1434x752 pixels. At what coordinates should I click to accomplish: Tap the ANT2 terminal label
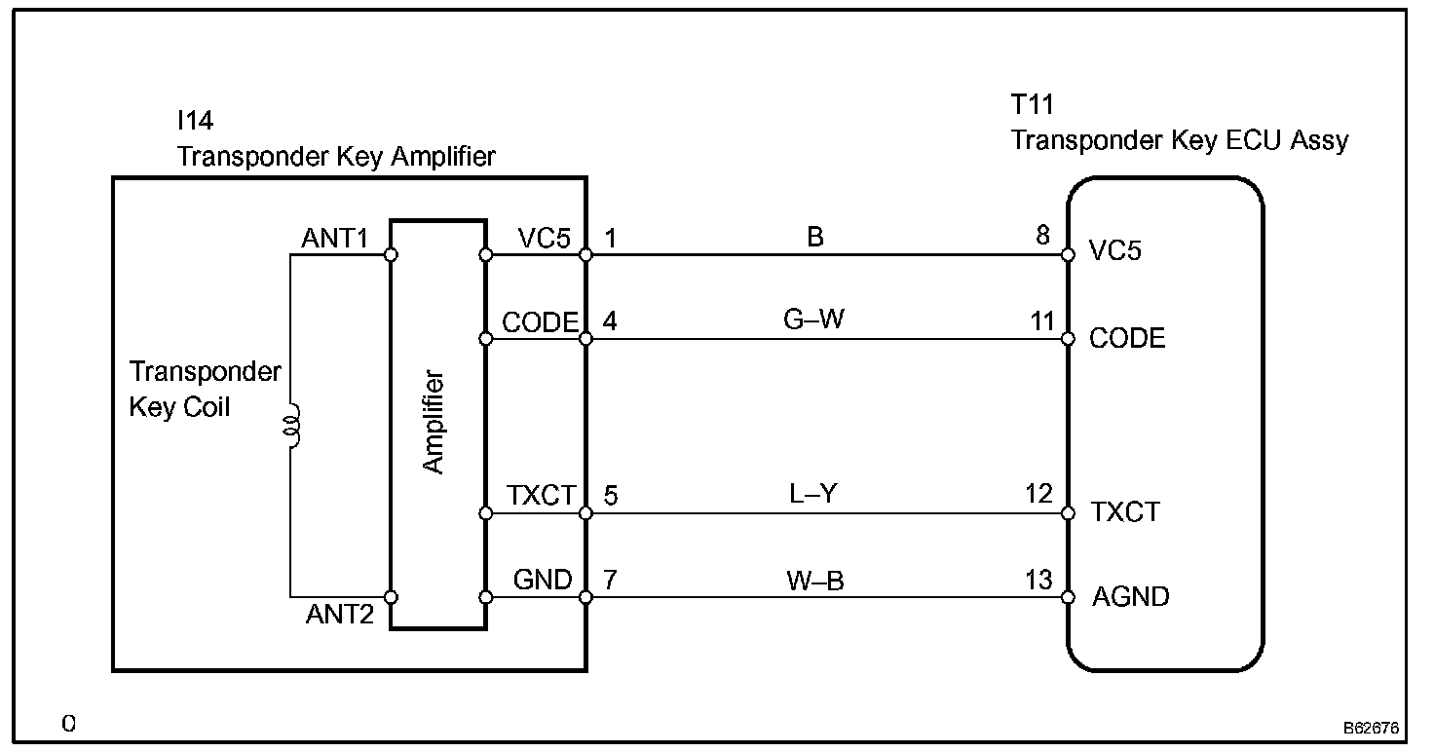click(340, 615)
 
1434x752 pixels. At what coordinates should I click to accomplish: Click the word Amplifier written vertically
click(434, 423)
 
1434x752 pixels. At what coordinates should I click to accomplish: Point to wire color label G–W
click(813, 320)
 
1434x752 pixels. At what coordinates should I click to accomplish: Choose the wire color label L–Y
click(813, 494)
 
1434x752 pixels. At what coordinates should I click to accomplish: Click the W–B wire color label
click(814, 581)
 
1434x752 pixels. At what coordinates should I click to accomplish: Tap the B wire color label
click(815, 237)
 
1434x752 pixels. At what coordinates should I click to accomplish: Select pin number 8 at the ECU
click(1043, 235)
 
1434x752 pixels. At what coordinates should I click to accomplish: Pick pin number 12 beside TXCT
click(1039, 494)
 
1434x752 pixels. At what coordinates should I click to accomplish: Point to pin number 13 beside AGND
click(1039, 580)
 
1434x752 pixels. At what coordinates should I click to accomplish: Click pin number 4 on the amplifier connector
click(610, 321)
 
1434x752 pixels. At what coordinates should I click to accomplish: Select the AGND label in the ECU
click(1131, 596)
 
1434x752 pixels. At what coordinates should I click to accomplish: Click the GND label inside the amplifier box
click(543, 580)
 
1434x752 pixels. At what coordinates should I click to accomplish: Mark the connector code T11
click(1033, 105)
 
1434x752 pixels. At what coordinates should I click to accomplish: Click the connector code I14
click(195, 121)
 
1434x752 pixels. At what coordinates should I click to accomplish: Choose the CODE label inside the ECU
click(1127, 338)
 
